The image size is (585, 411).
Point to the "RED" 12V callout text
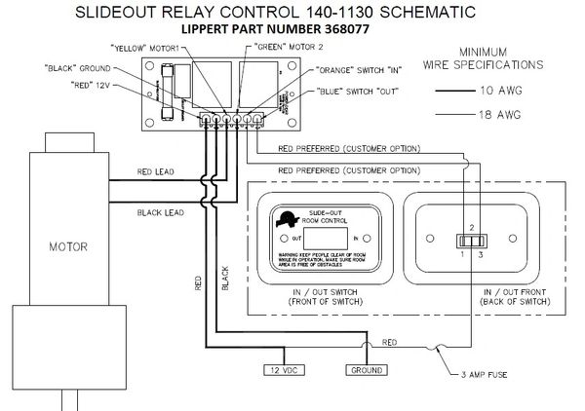92,86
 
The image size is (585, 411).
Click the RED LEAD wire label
154,170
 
